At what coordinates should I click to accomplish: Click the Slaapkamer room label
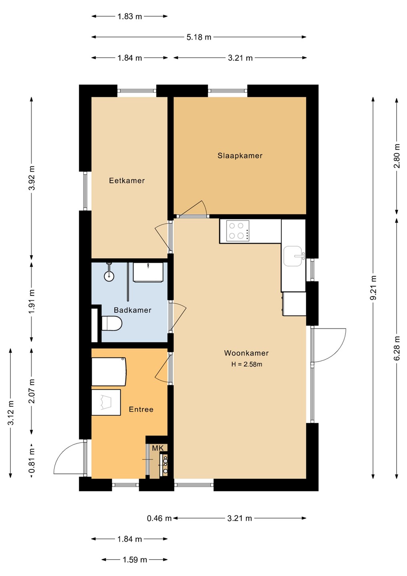click(240, 156)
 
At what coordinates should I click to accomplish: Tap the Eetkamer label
click(127, 180)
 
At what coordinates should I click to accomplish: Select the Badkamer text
click(132, 310)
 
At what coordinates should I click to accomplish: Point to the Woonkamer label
click(246, 353)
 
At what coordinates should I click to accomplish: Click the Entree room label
click(141, 409)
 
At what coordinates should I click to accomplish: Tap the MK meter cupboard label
click(158, 448)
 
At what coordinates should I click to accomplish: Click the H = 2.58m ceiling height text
click(247, 364)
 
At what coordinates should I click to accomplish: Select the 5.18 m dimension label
click(199, 37)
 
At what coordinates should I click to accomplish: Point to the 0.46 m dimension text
click(159, 518)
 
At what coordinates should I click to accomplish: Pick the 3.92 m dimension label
click(32, 178)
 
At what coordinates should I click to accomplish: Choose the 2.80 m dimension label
click(397, 156)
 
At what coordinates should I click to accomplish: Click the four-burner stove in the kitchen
click(237, 231)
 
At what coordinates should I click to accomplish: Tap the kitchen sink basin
click(293, 256)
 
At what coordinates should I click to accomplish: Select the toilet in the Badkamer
click(112, 323)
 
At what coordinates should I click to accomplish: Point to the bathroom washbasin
click(148, 272)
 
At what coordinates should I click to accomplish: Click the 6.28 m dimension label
click(397, 348)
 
